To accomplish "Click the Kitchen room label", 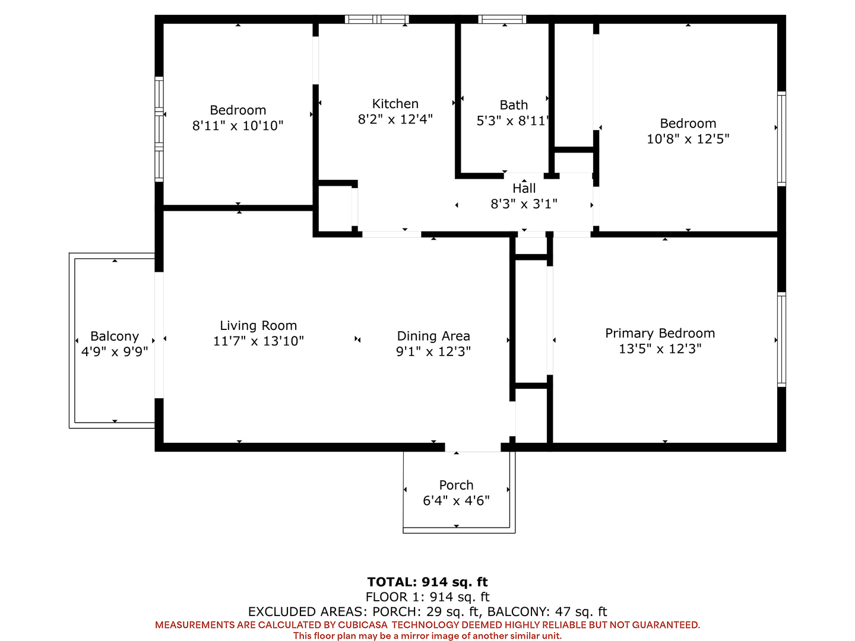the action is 395,104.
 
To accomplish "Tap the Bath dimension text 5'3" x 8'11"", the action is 512,120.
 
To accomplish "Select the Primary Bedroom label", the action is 660,333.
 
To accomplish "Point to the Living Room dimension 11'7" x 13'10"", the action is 258,341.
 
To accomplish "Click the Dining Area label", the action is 433,336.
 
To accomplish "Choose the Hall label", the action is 524,188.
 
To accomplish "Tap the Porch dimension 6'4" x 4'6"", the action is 456,500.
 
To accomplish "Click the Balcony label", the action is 115,337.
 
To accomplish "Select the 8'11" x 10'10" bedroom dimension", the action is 237,126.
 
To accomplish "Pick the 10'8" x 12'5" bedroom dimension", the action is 688,139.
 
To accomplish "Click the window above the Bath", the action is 502,20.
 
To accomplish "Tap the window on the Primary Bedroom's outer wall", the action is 781,339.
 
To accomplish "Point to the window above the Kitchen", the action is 376,20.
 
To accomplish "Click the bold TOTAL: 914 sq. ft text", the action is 427,582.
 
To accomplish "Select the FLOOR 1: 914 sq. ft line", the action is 427,596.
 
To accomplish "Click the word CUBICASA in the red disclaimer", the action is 362,625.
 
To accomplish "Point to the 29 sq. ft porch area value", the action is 452,612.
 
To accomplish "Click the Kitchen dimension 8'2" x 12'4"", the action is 395,119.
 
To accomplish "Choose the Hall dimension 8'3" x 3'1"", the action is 524,204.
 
